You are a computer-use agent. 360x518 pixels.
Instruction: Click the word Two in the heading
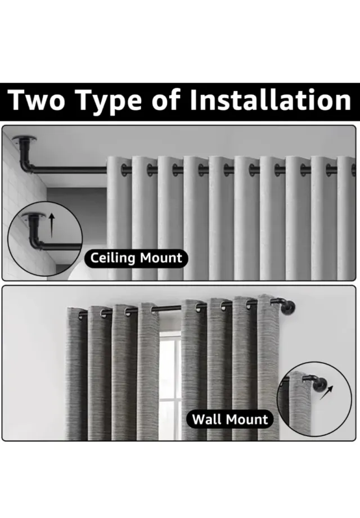pyautogui.click(x=36, y=100)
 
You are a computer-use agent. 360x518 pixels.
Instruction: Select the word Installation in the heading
pyautogui.click(x=271, y=100)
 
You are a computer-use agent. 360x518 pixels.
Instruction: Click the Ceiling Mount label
pyautogui.click(x=136, y=258)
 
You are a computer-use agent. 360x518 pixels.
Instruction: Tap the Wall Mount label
pyautogui.click(x=230, y=419)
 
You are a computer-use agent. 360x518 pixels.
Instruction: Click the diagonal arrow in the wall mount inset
pyautogui.click(x=326, y=393)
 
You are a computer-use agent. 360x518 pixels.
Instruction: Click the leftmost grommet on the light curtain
pyautogui.click(x=124, y=170)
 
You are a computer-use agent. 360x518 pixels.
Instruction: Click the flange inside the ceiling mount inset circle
pyautogui.click(x=34, y=216)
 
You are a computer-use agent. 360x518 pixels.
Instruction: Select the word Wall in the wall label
pyautogui.click(x=207, y=419)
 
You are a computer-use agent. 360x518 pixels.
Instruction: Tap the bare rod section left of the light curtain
pyautogui.click(x=70, y=170)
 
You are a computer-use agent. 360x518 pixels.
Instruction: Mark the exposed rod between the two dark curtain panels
pyautogui.click(x=170, y=308)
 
